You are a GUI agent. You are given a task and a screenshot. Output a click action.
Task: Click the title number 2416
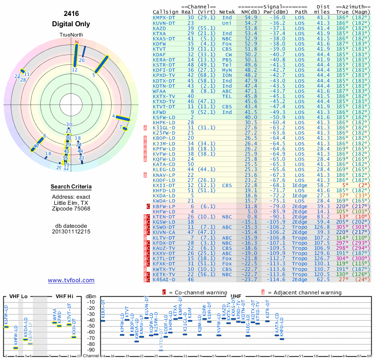coord(71,14)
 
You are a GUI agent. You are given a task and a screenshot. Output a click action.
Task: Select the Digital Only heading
coord(71,24)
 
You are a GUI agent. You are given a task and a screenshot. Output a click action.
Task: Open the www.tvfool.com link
coord(71,280)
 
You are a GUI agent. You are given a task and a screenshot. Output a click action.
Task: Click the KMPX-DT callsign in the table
coord(164,17)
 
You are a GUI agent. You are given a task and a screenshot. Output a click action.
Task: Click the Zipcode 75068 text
coord(71,209)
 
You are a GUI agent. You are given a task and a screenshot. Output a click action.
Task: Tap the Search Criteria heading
coord(71,187)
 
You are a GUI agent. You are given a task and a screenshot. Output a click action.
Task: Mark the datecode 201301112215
coord(71,232)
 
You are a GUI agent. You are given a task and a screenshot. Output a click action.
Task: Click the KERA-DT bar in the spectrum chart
coord(103,321)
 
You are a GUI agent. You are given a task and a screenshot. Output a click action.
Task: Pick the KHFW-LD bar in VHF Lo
coord(15,348)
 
